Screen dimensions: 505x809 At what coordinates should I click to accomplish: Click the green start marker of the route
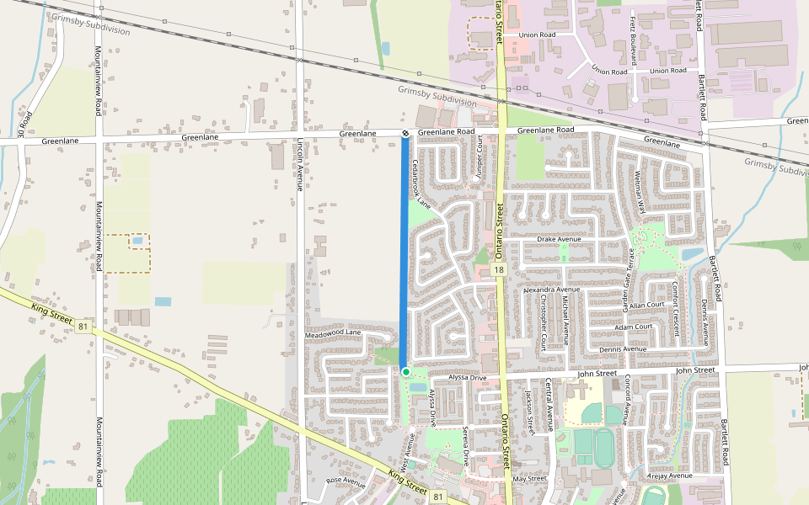tap(405, 372)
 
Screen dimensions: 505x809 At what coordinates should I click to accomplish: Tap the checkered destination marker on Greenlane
tap(405, 134)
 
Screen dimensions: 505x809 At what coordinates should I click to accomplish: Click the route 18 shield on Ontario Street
tap(499, 270)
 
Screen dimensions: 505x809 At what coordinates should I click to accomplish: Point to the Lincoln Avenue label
tap(299, 165)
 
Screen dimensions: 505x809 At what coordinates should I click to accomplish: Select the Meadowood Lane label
tap(333, 334)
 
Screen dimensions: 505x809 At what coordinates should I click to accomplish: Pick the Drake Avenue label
tap(560, 240)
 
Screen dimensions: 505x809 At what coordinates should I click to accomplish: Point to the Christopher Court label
tap(544, 322)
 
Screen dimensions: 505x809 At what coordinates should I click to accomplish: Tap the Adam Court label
tap(634, 327)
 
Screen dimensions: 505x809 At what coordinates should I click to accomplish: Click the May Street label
tap(531, 478)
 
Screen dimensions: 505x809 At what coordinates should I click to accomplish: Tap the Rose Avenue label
tap(346, 481)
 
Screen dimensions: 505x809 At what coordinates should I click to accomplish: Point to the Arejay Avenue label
tap(669, 476)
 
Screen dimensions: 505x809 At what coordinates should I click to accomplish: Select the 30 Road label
tap(26, 124)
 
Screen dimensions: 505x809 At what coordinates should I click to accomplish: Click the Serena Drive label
tap(466, 445)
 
